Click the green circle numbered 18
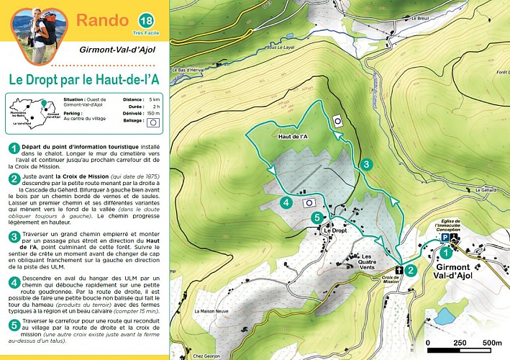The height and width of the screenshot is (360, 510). click(146, 19)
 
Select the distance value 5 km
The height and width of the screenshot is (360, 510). click(155, 99)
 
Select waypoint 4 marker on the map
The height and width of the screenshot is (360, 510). click(286, 203)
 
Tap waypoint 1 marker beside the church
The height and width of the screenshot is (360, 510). click(446, 252)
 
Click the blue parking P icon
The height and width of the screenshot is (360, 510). click(445, 237)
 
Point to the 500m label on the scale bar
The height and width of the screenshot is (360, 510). click(492, 342)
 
